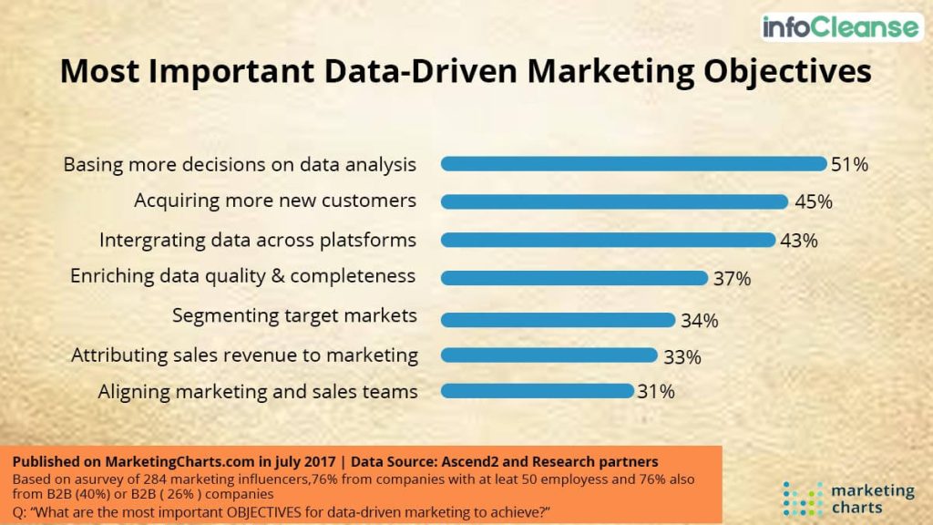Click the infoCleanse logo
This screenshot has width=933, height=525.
point(841,26)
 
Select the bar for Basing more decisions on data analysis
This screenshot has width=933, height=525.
point(633,164)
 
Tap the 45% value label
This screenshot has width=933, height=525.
point(812,202)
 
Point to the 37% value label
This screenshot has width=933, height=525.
point(732,279)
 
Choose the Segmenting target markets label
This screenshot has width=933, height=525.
point(294,315)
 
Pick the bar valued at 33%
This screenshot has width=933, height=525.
point(549,355)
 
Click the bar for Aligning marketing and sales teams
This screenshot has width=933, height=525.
point(537,391)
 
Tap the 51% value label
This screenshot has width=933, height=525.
point(849,165)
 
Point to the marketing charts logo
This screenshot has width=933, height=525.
point(848,498)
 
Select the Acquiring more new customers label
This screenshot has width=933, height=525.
point(275,201)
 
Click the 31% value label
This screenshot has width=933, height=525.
point(656,392)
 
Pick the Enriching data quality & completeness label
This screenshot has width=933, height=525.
point(242,275)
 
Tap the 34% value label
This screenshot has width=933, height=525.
point(699,321)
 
